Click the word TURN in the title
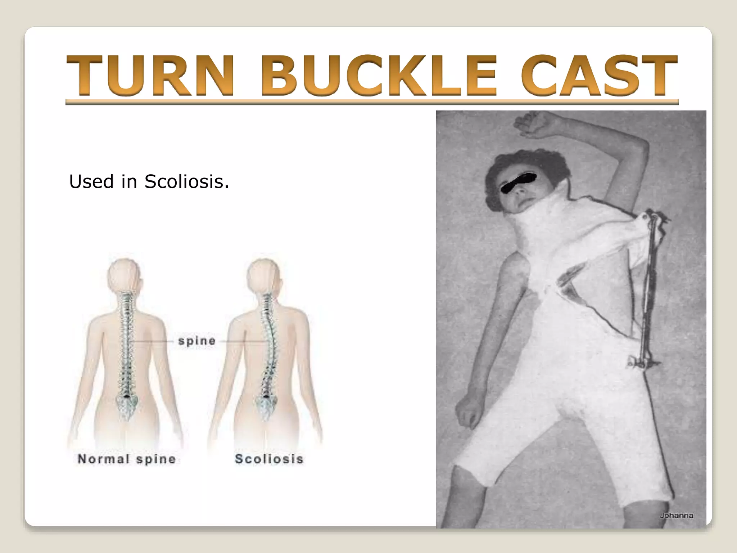149,76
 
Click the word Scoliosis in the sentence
186,182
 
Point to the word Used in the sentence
91,182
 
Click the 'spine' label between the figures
197,341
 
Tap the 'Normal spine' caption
127,459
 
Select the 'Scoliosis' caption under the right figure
269,459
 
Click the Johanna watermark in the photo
677,516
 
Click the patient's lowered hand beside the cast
468,410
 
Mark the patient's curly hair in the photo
504,166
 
